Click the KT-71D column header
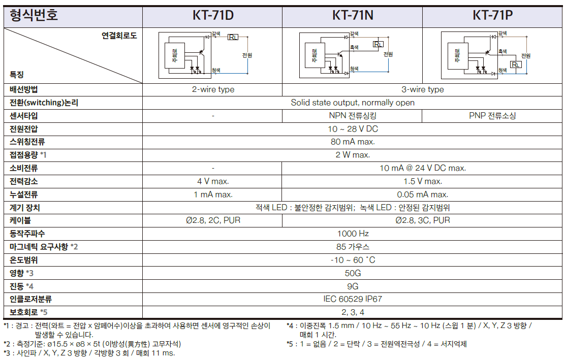pyautogui.click(x=212, y=15)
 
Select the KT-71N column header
pyautogui.click(x=353, y=15)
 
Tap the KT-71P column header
pyautogui.click(x=492, y=15)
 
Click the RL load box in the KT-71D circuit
pyautogui.click(x=233, y=37)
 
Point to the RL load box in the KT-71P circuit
pyautogui.click(x=516, y=64)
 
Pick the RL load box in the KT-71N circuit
pyautogui.click(x=378, y=44)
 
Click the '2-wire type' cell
pyautogui.click(x=213, y=89)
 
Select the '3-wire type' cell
pyautogui.click(x=422, y=89)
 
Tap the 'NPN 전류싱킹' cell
pyautogui.click(x=353, y=116)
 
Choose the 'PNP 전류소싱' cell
pyautogui.click(x=492, y=116)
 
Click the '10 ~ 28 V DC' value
pyautogui.click(x=353, y=129)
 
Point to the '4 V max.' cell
pyautogui.click(x=213, y=181)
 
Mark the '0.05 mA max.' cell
pyautogui.click(x=422, y=194)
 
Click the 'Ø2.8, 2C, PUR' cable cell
pyautogui.click(x=213, y=220)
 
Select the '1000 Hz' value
pyautogui.click(x=353, y=234)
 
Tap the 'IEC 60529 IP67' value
pyautogui.click(x=353, y=299)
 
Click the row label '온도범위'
pyautogui.click(x=23, y=260)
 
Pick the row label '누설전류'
pyautogui.click(x=23, y=194)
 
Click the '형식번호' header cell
pyautogui.click(x=33, y=15)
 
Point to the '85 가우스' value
pyautogui.click(x=353, y=247)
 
